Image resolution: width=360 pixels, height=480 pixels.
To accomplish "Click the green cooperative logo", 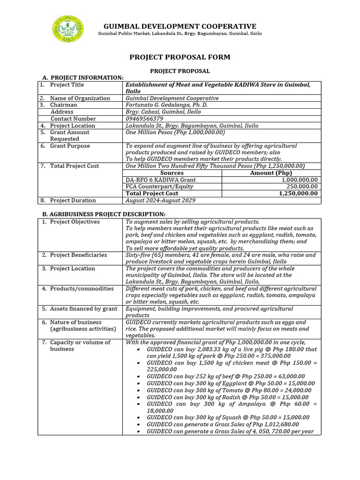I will point(67,29).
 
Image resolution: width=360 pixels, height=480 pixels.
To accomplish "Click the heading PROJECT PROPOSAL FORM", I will point(180,57).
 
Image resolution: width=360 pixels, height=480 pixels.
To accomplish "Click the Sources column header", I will point(172,173).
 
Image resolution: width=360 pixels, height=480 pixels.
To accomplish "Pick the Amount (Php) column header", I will point(271,173).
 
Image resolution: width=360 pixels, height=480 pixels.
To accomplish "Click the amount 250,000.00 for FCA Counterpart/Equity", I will point(300,187).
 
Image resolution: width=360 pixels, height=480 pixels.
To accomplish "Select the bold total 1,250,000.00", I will point(298,193).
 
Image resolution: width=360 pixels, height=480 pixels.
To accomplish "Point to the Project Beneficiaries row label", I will point(78,255).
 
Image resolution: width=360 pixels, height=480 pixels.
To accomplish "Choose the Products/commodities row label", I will point(82,289).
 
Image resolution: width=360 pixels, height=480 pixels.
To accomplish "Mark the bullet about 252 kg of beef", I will point(225,376).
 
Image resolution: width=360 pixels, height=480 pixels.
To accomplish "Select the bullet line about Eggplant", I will point(231,383).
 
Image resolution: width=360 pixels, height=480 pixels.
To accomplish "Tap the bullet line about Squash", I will point(228,417).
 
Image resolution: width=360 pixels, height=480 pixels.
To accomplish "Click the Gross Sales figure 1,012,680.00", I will point(278,424).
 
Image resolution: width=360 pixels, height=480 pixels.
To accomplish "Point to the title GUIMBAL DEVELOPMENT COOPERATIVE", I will point(180,26).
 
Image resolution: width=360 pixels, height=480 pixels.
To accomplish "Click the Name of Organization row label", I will point(80,98).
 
